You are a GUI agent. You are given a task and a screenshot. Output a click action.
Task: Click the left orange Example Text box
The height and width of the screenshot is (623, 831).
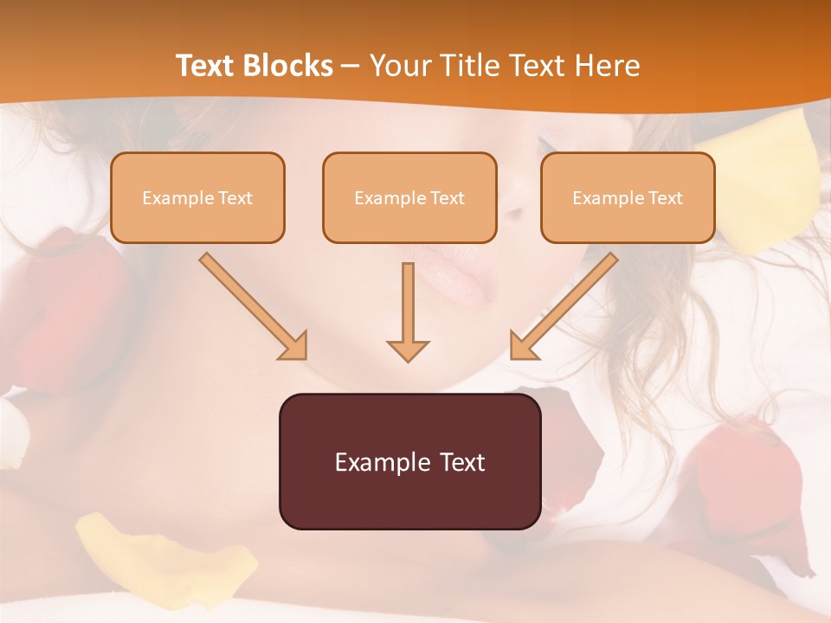[197, 197]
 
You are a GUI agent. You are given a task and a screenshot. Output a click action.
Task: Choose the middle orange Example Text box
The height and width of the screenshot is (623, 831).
[409, 197]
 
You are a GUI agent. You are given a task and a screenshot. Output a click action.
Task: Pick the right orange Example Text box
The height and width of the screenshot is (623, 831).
[628, 197]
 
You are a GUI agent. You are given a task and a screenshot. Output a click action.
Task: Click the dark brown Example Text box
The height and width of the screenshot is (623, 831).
[409, 461]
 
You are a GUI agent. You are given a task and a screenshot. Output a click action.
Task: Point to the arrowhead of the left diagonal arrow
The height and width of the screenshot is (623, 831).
[294, 346]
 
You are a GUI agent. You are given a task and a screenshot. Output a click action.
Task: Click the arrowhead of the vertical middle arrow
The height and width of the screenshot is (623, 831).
[408, 350]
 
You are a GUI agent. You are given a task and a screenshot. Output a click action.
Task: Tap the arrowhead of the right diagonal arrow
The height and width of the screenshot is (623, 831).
[523, 346]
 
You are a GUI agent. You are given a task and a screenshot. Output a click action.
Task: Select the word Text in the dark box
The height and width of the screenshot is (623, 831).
[458, 462]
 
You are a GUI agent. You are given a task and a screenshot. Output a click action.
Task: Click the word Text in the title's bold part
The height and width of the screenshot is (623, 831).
[205, 66]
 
